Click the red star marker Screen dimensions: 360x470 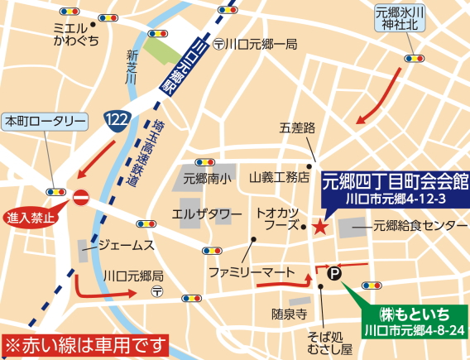coord(320,226)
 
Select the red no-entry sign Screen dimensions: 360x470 coord(81,198)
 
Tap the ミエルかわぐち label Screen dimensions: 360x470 coord(75,34)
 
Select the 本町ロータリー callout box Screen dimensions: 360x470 coord(46,121)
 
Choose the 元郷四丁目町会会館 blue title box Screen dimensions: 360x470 coord(394,186)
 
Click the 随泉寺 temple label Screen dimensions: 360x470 coord(289,314)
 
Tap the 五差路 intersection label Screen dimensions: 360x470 coord(298,128)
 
